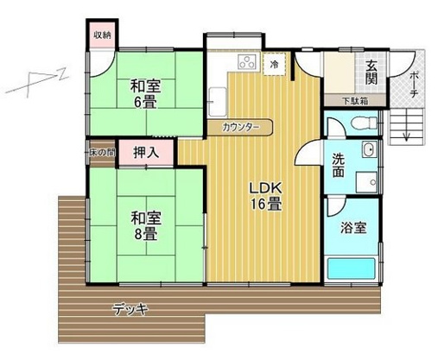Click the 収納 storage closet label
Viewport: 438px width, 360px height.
(102, 35)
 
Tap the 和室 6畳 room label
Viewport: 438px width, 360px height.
(145, 93)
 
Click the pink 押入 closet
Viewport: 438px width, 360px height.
(145, 152)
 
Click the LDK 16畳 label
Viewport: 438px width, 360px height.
(267, 196)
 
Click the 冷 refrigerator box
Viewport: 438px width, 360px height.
(274, 64)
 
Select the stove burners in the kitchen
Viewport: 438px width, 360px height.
(245, 61)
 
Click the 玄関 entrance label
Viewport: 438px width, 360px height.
(371, 73)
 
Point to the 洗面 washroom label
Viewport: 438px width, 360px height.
(340, 164)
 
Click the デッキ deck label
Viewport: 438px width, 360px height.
(130, 308)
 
